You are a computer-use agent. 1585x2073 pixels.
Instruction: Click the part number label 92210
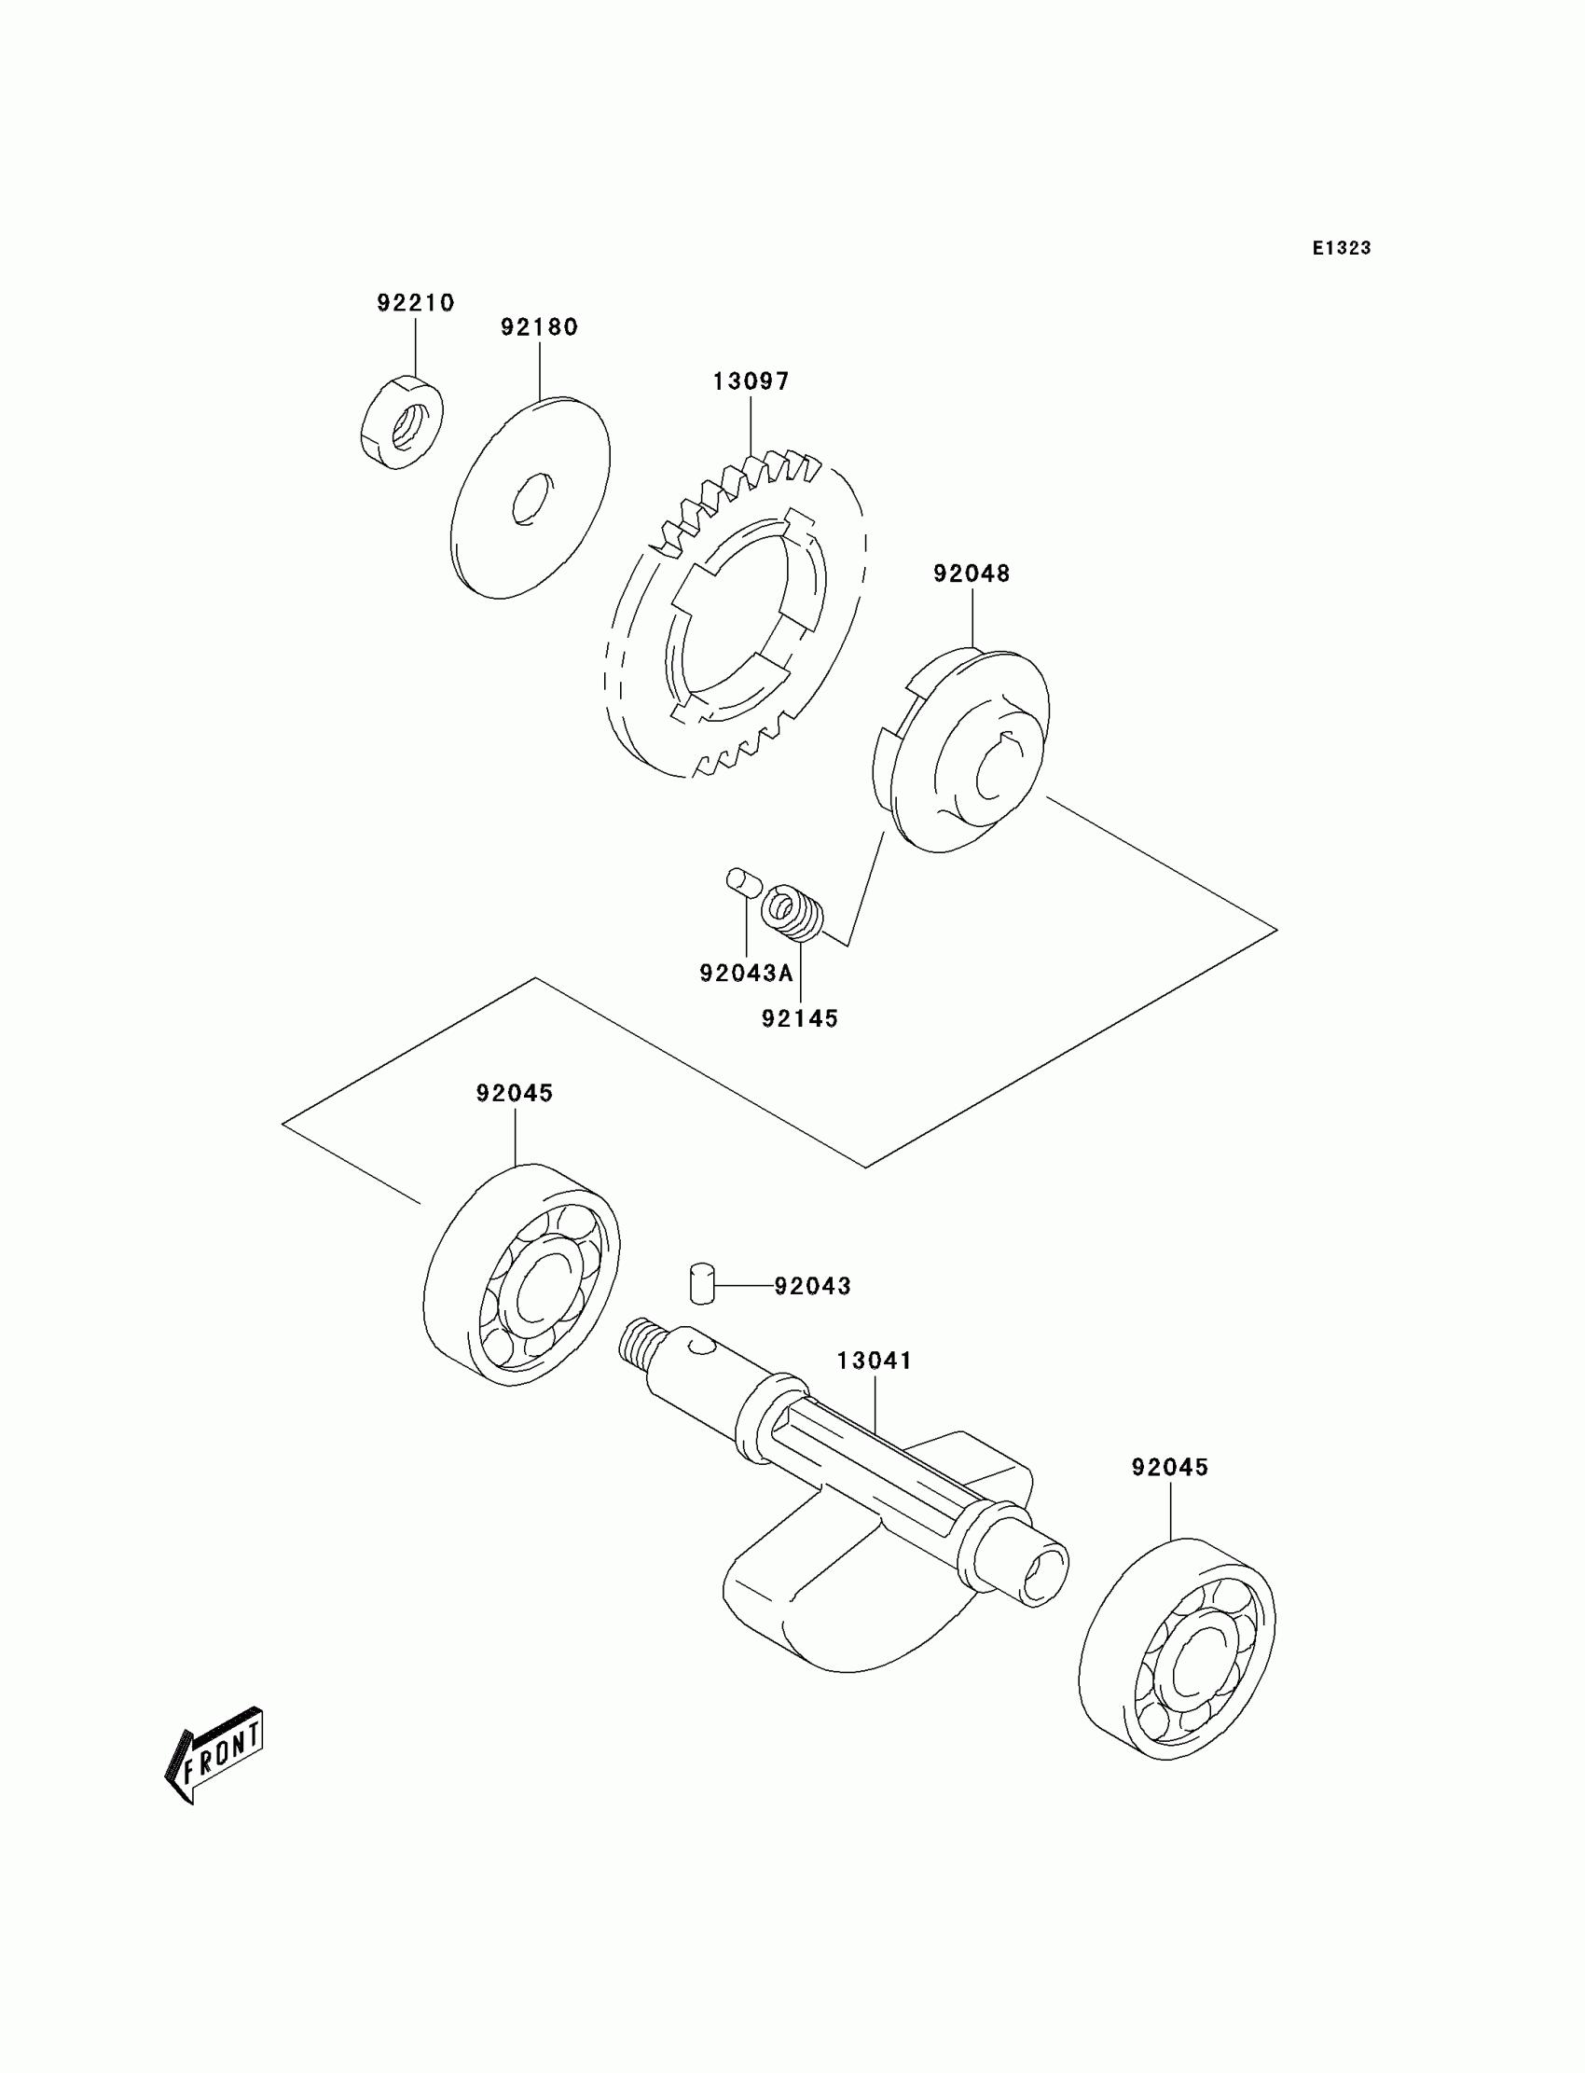[x=415, y=303]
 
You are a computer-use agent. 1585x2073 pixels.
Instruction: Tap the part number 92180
[x=539, y=326]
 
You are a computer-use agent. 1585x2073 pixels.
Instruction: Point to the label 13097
[x=750, y=381]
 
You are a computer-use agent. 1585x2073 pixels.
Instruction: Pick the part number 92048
[x=971, y=574]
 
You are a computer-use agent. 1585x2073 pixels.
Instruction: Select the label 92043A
[x=746, y=974]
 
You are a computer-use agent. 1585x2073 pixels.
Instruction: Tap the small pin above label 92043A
[x=743, y=883]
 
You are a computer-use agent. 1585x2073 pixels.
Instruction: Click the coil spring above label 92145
[x=792, y=911]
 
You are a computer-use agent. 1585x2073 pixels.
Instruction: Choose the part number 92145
[x=799, y=1019]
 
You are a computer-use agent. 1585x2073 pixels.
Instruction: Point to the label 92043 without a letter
[x=812, y=1286]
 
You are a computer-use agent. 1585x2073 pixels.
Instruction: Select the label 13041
[x=874, y=1361]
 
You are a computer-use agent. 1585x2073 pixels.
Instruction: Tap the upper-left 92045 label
[x=514, y=1093]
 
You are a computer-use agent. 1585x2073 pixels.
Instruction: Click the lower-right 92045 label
[x=1170, y=1467]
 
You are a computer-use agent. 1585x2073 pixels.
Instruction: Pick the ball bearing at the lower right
[x=1177, y=1649]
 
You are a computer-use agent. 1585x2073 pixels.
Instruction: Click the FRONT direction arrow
[x=214, y=1755]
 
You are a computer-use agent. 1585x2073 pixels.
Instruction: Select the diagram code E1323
[x=1341, y=248]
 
